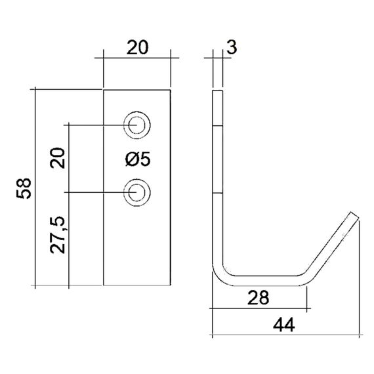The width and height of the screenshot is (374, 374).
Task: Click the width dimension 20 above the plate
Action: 138,47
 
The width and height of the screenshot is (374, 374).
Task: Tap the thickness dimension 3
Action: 231,47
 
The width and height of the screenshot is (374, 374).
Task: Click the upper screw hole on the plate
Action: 138,123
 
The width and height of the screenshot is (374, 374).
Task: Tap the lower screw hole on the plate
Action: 138,192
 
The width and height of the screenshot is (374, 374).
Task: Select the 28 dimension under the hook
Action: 260,298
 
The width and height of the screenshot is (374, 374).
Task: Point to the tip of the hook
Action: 354,216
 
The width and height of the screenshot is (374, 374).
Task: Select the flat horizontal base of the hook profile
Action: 262,280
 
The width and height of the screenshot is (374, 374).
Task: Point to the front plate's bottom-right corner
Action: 172,286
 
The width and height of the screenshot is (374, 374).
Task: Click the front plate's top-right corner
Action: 172,89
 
